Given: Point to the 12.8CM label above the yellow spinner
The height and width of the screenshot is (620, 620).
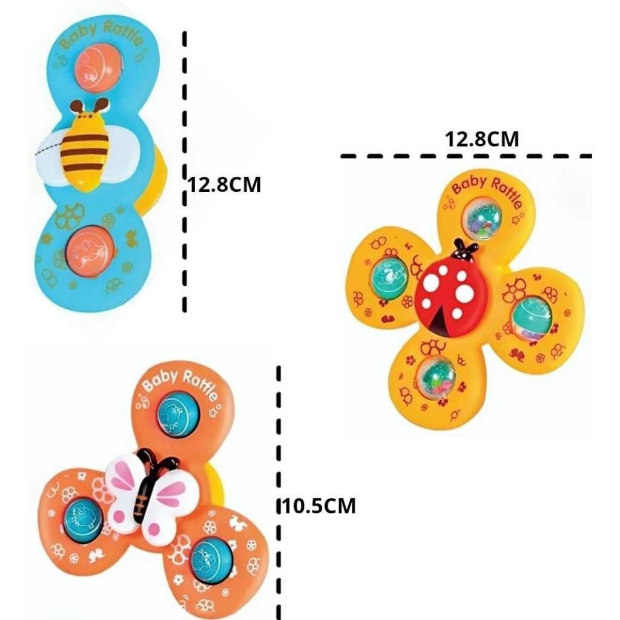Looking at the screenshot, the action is point(481,139).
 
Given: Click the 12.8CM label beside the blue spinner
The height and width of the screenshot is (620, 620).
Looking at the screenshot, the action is point(224,185).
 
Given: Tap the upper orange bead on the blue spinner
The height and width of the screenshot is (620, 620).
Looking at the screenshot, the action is point(97,67).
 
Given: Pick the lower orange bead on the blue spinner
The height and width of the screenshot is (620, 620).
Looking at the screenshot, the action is point(90,250).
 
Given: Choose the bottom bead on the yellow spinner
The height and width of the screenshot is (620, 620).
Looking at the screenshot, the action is point(436,378).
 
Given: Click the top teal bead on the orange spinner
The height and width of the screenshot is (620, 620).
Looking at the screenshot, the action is point(178,415).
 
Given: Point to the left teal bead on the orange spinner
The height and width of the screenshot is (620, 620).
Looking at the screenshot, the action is point(84,519).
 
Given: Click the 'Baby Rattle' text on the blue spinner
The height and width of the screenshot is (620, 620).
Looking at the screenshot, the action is point(101,36).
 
